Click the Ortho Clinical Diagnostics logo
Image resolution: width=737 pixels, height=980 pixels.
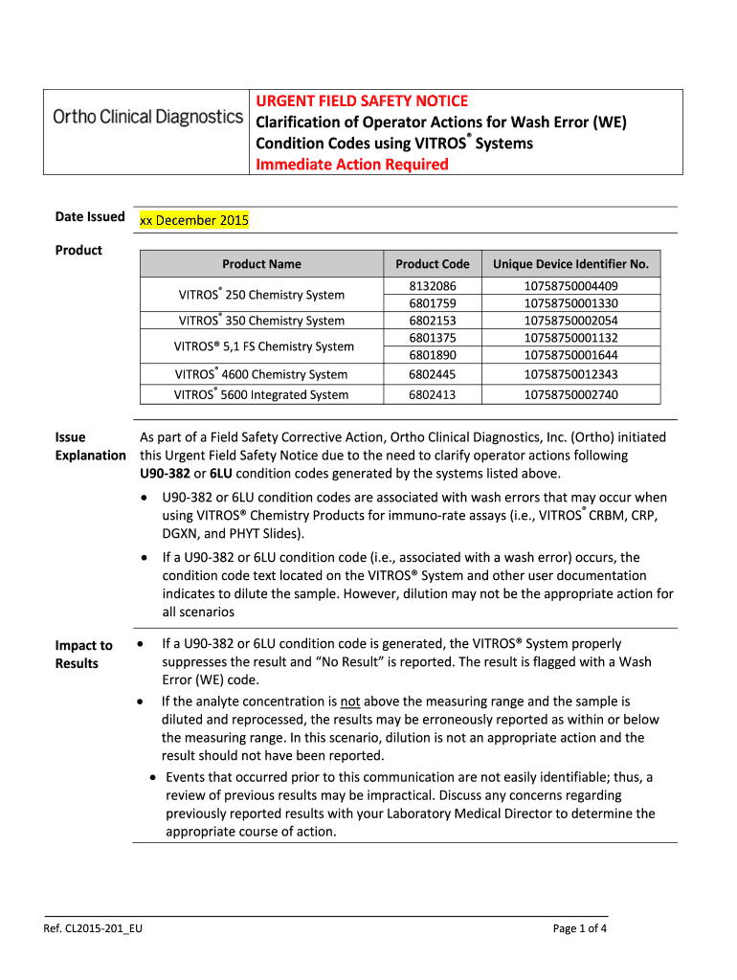[x=147, y=117]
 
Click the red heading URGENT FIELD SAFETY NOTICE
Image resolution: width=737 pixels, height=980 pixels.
[x=360, y=100]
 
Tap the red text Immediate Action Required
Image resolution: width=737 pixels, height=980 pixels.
[x=350, y=165]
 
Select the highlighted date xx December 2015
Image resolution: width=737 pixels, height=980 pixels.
[x=194, y=220]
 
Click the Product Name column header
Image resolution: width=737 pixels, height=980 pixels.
[x=261, y=264]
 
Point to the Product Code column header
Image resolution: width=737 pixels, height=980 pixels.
[x=433, y=264]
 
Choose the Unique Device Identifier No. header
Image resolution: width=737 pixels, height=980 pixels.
[x=570, y=264]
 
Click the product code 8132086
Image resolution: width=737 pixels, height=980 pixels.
[x=433, y=286]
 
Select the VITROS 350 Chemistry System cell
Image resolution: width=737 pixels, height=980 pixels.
[x=261, y=321]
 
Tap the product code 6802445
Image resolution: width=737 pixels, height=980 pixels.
[x=433, y=374]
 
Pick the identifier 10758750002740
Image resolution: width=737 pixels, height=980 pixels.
[x=570, y=395]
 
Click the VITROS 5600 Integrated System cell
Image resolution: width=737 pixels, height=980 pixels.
[x=261, y=395]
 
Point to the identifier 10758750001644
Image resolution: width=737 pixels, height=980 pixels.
[x=570, y=355]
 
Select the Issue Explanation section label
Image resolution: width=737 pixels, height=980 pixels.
[x=90, y=446]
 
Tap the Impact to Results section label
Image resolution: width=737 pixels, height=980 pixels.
[x=83, y=655]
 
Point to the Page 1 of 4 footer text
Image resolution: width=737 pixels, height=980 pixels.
[x=580, y=928]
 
